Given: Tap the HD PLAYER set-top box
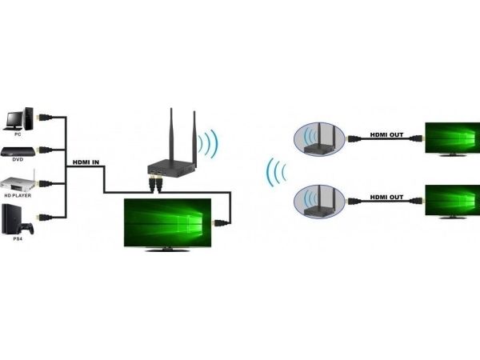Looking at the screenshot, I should pyautogui.click(x=18, y=182).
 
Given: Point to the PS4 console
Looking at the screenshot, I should pyautogui.click(x=18, y=217).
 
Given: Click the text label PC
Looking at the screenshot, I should pyautogui.click(x=18, y=134).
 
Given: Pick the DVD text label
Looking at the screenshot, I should pyautogui.click(x=18, y=163).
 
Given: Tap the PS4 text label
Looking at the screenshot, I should pyautogui.click(x=18, y=237).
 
